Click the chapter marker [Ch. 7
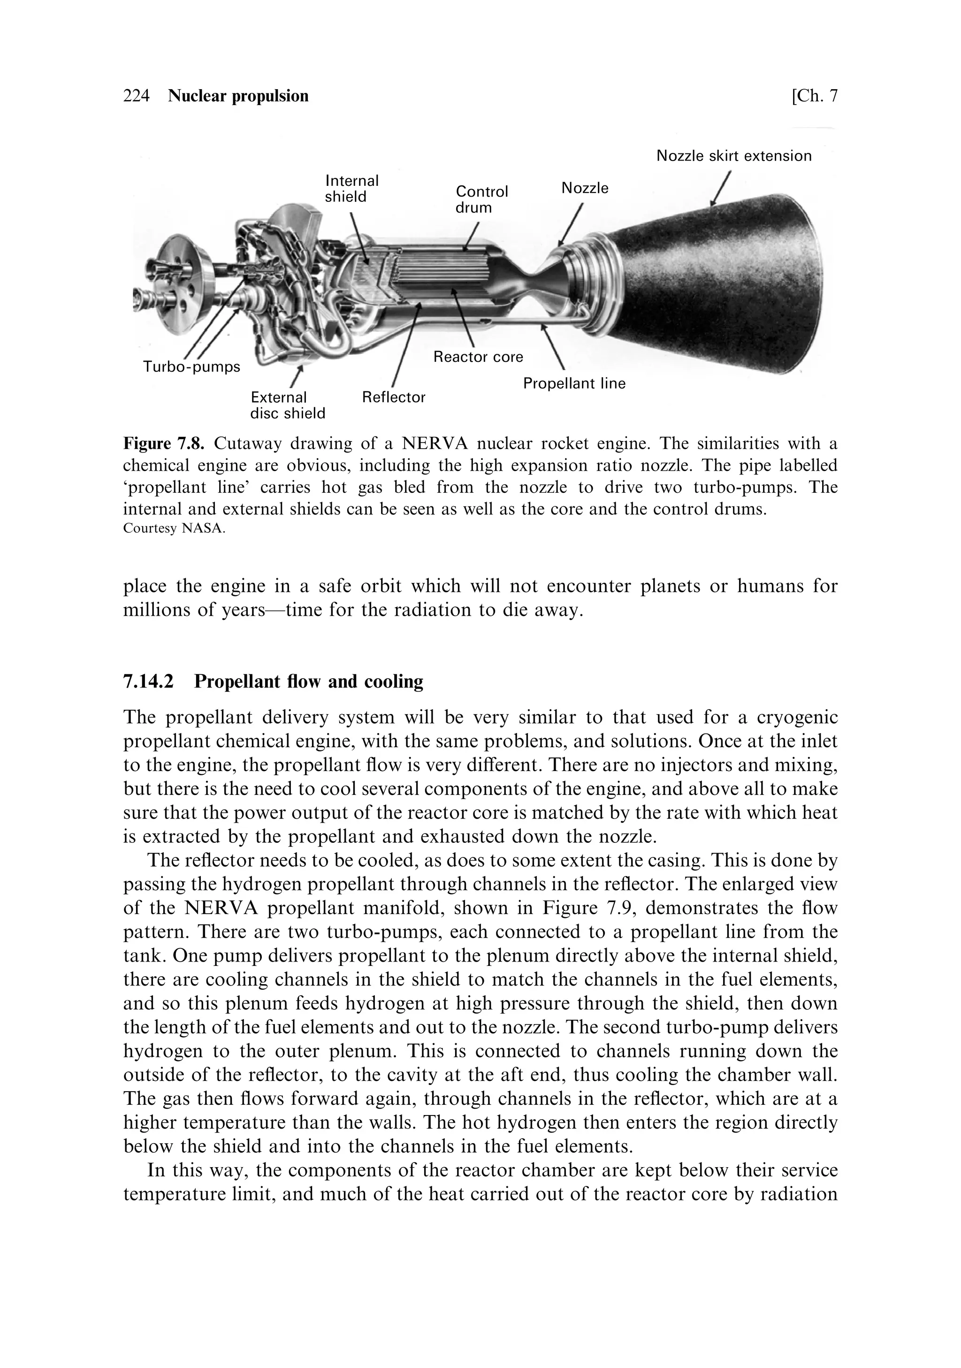[x=814, y=96]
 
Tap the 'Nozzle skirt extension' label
[x=733, y=156]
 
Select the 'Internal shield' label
[x=351, y=189]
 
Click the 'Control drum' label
[x=481, y=199]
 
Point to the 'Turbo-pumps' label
[x=191, y=367]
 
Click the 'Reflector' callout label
[x=393, y=397]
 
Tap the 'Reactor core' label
[x=478, y=357]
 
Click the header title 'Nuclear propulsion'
[x=238, y=96]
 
